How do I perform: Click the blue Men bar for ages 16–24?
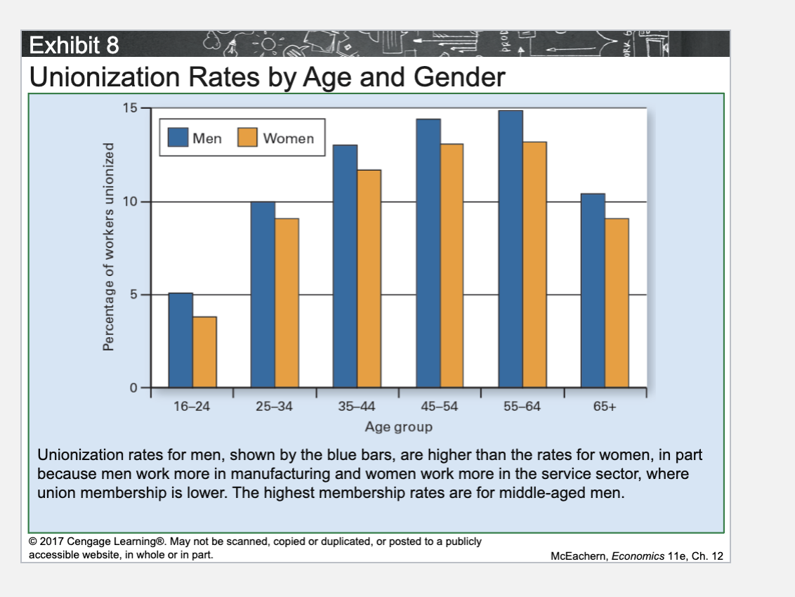(180, 340)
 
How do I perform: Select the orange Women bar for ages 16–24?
(204, 352)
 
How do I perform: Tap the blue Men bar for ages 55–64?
(511, 249)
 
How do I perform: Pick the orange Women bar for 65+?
(617, 303)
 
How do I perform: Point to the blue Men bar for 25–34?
(263, 294)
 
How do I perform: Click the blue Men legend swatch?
(179, 138)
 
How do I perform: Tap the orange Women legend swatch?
(248, 138)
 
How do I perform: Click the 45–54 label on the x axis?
(440, 407)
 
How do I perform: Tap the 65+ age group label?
(605, 407)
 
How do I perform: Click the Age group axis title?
(398, 426)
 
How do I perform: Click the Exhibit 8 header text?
(73, 47)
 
